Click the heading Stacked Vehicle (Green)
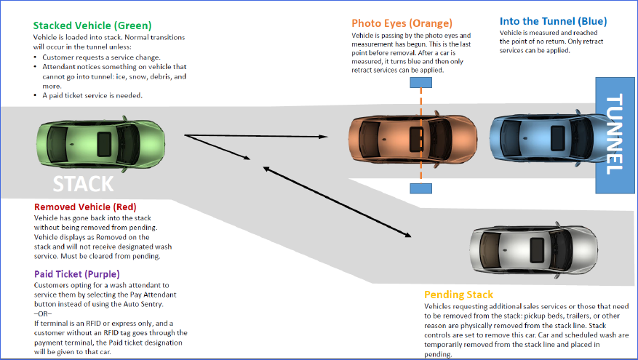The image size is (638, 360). (x=92, y=25)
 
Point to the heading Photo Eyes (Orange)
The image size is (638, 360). (x=402, y=23)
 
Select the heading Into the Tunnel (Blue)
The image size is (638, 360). (x=553, y=22)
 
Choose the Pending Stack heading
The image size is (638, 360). (x=458, y=295)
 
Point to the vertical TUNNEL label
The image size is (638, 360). (x=615, y=135)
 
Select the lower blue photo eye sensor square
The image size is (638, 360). (x=420, y=188)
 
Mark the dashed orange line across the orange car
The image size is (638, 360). (x=420, y=145)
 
